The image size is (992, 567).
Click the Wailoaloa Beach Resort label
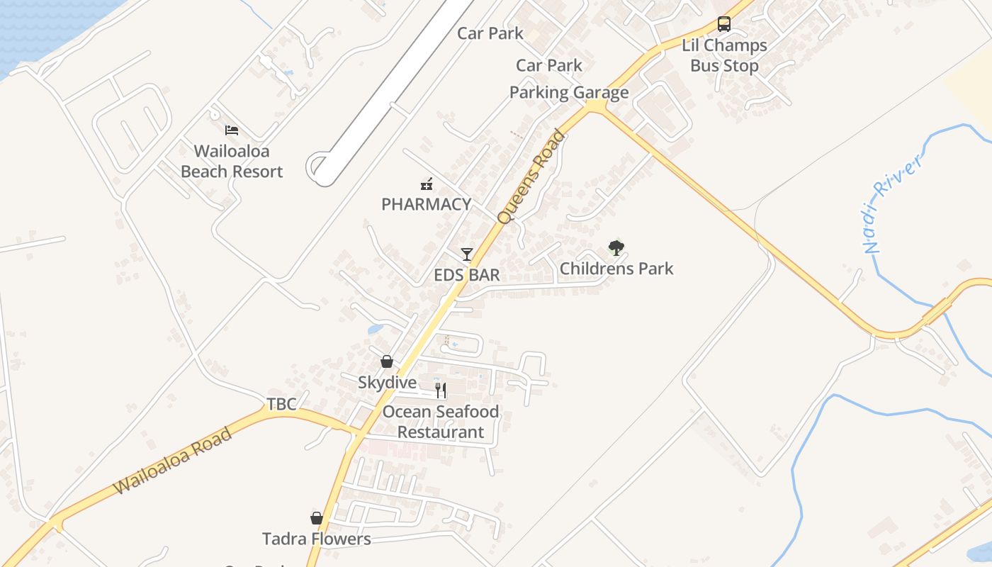pyautogui.click(x=232, y=162)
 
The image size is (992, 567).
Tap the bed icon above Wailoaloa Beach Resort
pyautogui.click(x=232, y=130)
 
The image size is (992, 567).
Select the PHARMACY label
pyautogui.click(x=426, y=205)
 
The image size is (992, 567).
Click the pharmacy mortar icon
pyautogui.click(x=427, y=184)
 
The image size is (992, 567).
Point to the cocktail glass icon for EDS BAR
pyautogui.click(x=466, y=254)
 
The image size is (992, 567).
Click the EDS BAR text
pyautogui.click(x=467, y=275)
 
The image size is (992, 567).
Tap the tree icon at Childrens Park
pyautogui.click(x=616, y=248)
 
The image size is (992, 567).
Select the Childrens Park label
pyautogui.click(x=616, y=269)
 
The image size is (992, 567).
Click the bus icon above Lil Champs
pyautogui.click(x=723, y=24)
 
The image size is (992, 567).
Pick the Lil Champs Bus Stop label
pyautogui.click(x=724, y=55)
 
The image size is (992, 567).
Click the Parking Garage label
pyautogui.click(x=569, y=93)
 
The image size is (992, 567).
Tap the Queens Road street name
pyautogui.click(x=531, y=177)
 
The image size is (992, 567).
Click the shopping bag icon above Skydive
pyautogui.click(x=387, y=361)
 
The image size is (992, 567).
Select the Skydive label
pyautogui.click(x=387, y=383)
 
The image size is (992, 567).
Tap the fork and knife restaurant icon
pyautogui.click(x=441, y=390)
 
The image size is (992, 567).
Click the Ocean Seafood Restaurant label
pyautogui.click(x=441, y=422)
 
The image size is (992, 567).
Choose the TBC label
pyautogui.click(x=281, y=404)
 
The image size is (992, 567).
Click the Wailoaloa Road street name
pyautogui.click(x=173, y=461)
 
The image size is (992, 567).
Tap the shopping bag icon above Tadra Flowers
pyautogui.click(x=317, y=518)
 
